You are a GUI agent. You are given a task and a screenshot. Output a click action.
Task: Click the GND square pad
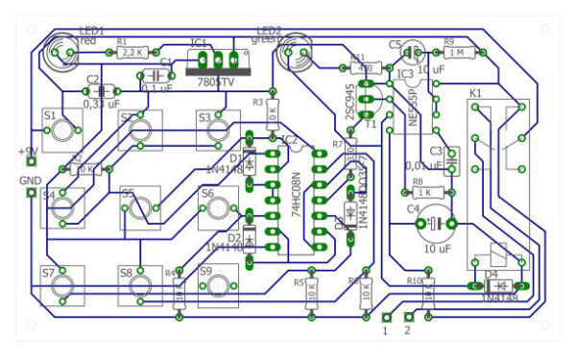point(31,194)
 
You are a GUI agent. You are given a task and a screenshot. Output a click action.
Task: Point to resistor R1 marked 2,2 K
point(132,53)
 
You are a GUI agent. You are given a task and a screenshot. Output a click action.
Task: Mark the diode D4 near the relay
point(496,286)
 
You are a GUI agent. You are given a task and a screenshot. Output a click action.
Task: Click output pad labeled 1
point(386,317)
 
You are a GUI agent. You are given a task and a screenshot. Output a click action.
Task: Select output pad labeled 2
point(408,317)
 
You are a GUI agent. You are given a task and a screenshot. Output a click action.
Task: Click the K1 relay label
point(475,93)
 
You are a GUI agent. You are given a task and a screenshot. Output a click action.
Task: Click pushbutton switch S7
point(63,285)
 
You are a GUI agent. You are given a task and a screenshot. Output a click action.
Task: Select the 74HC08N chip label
point(296,191)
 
